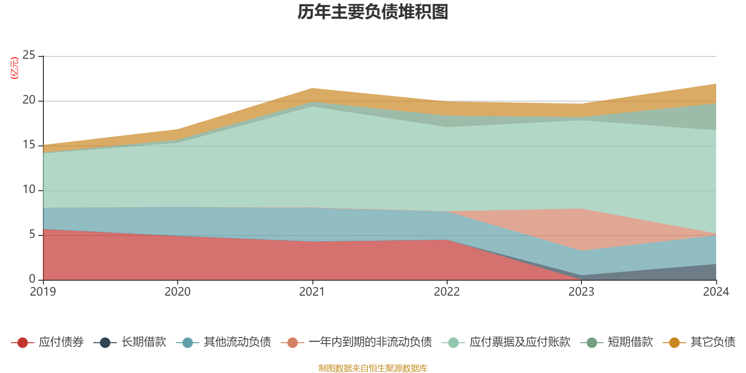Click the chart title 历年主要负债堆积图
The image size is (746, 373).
tap(373, 12)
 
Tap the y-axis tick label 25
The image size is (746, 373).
tap(29, 55)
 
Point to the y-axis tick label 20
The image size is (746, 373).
tap(29, 100)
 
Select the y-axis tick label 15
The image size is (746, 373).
tap(29, 145)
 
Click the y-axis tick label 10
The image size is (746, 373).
tap(29, 190)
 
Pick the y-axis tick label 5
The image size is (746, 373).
tap(32, 235)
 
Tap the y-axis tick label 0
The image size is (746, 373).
tap(32, 279)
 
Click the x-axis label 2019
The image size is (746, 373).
tap(43, 292)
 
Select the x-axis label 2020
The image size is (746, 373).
tap(178, 292)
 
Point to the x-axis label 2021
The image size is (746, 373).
tap(312, 292)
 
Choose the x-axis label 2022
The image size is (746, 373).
tap(447, 292)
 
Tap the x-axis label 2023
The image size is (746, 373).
tap(581, 292)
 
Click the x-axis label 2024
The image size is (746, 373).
tap(716, 292)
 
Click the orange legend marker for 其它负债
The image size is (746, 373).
tap(674, 343)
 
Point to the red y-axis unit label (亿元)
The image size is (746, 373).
tap(14, 68)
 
